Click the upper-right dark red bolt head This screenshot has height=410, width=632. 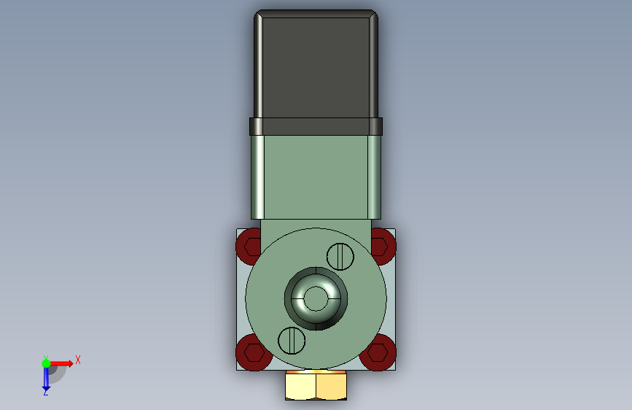click(383, 246)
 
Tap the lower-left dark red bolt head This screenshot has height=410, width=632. click(252, 352)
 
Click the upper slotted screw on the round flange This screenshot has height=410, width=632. click(340, 257)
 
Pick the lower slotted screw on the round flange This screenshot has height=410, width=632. click(292, 341)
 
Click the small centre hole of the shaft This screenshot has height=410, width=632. click(316, 298)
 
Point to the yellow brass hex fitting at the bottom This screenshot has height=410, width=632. click(316, 385)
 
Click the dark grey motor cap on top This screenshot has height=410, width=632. click(316, 65)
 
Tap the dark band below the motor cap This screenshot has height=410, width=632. click(316, 126)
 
